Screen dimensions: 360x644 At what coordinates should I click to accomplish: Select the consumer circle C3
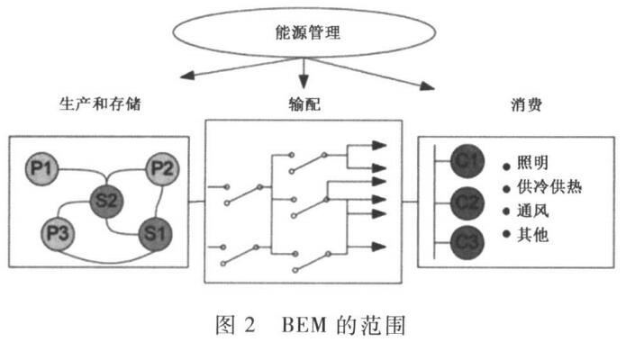point(467,241)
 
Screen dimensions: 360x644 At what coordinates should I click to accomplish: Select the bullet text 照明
point(532,165)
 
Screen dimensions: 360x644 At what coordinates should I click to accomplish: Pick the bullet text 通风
point(532,212)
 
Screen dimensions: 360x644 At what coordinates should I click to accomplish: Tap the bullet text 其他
point(532,236)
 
